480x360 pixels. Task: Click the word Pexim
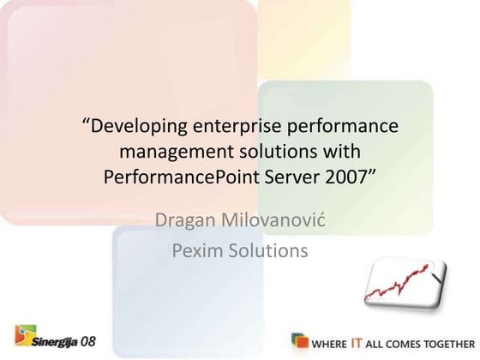(x=200, y=250)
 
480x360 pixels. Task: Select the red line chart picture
(x=402, y=286)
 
